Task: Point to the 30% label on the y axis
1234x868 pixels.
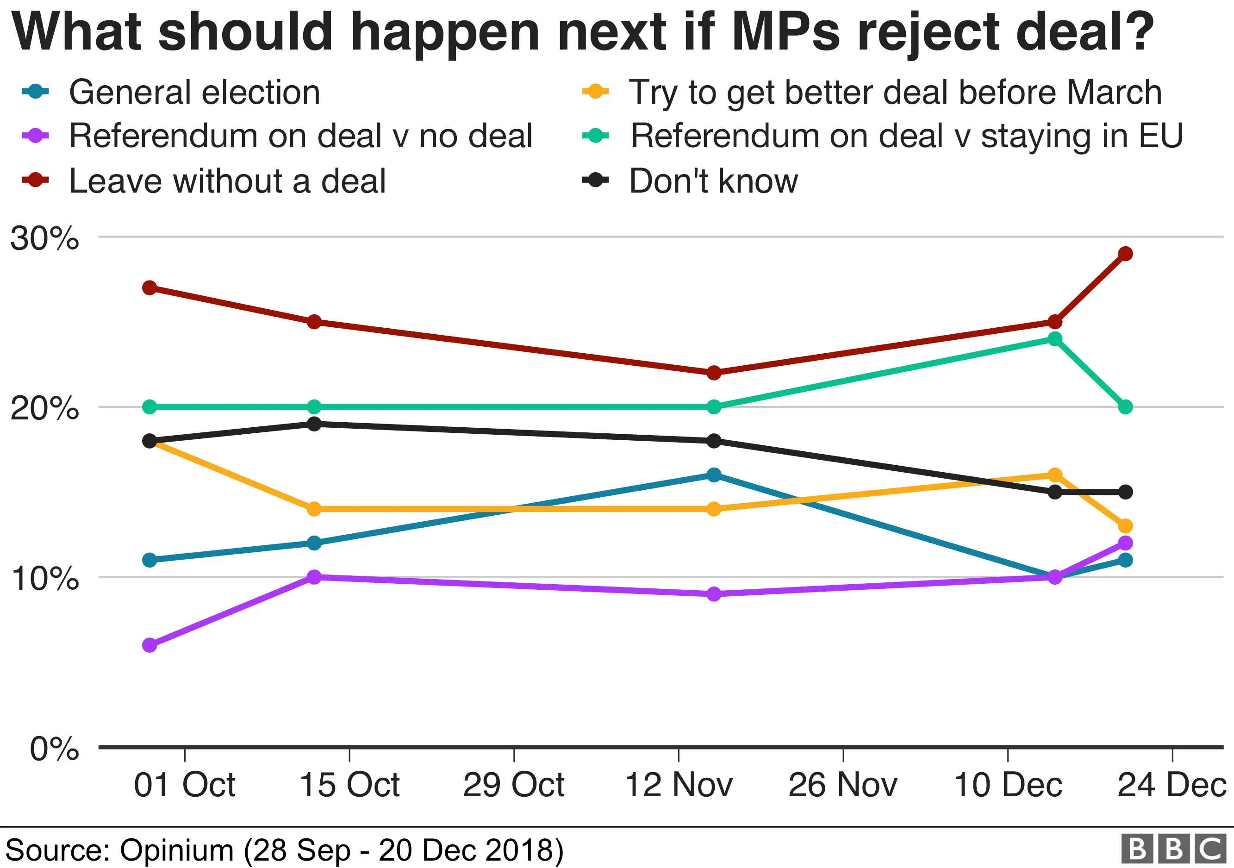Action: tap(44, 237)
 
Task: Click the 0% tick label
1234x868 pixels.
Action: tap(54, 748)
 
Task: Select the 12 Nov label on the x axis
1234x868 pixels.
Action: tap(678, 785)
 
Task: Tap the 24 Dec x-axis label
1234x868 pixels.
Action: tap(1172, 785)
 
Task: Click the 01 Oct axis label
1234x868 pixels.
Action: tap(184, 785)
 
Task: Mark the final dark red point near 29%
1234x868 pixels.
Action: tap(1125, 254)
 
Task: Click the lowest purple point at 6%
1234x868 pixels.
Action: tap(150, 645)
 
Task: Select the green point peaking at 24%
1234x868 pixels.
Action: tap(1055, 338)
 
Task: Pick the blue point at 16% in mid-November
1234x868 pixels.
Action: tap(714, 475)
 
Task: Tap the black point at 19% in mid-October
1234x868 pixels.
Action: tap(314, 424)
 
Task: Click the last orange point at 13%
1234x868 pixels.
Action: tap(1125, 525)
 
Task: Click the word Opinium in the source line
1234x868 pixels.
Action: tap(176, 851)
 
